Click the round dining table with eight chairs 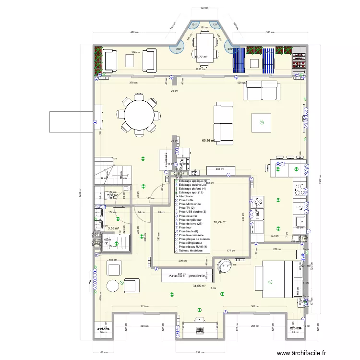[139, 116]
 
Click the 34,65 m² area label [199, 286]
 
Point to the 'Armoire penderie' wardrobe [186, 276]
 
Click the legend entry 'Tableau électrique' [191, 251]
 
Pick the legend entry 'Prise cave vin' [189, 216]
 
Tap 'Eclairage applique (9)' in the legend [192, 181]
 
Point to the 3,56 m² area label [113, 228]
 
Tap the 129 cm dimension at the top [204, 8]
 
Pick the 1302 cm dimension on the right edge [320, 182]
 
